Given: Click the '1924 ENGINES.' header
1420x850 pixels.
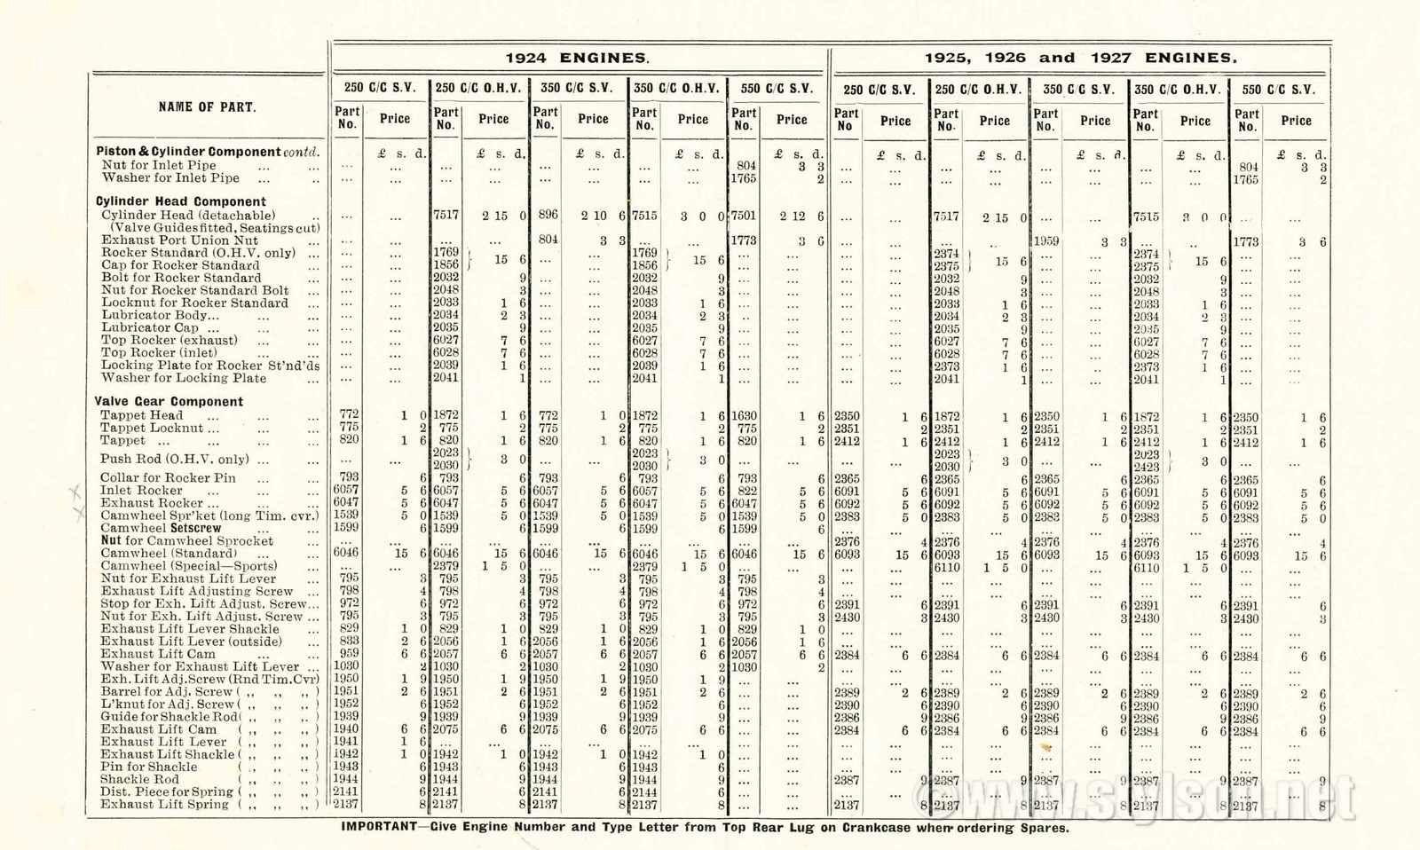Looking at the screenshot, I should tap(578, 59).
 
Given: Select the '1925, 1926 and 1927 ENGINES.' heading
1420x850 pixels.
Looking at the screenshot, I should tap(1080, 59).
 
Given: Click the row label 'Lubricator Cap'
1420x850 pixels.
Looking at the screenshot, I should tap(148, 327).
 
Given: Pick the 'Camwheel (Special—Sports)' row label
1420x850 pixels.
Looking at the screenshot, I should tap(189, 565).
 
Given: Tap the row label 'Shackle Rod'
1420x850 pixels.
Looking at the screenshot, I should tap(140, 779).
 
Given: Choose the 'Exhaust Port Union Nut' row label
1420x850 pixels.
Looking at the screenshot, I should tap(179, 240).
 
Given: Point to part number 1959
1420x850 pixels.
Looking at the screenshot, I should tap(1046, 240).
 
